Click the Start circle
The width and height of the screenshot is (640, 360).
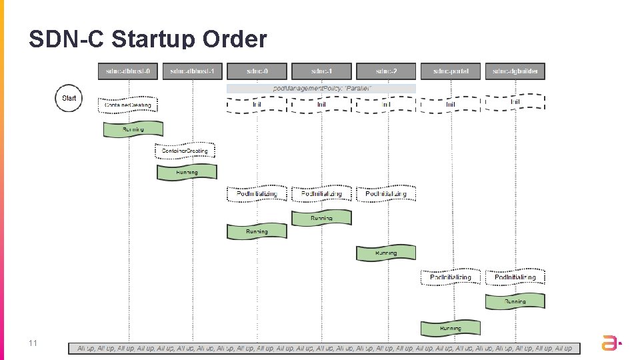click(69, 98)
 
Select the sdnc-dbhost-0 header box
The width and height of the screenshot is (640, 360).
click(128, 71)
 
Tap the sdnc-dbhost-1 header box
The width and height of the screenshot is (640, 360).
click(193, 71)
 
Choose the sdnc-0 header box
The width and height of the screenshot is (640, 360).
click(257, 71)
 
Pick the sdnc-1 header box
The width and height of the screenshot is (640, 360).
click(321, 71)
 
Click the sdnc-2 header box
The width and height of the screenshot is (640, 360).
click(386, 71)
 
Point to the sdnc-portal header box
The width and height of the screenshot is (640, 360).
click(451, 71)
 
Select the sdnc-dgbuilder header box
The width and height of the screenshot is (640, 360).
click(515, 71)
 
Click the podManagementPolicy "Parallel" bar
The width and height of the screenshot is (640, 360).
click(321, 88)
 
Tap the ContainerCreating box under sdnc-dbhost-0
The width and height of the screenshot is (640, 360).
click(129, 105)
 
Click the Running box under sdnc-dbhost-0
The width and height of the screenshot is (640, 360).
click(133, 129)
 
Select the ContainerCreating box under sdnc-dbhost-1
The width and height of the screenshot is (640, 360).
click(185, 151)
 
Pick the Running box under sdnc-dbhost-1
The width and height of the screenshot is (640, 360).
click(187, 172)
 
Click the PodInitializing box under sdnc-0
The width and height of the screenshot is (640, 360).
click(257, 194)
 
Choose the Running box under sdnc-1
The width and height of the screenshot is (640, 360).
click(321, 218)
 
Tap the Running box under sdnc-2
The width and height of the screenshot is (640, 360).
click(386, 253)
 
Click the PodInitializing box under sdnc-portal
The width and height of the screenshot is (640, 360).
click(451, 277)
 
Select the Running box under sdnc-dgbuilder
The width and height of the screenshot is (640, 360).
click(515, 301)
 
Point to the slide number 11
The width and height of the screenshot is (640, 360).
click(32, 343)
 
